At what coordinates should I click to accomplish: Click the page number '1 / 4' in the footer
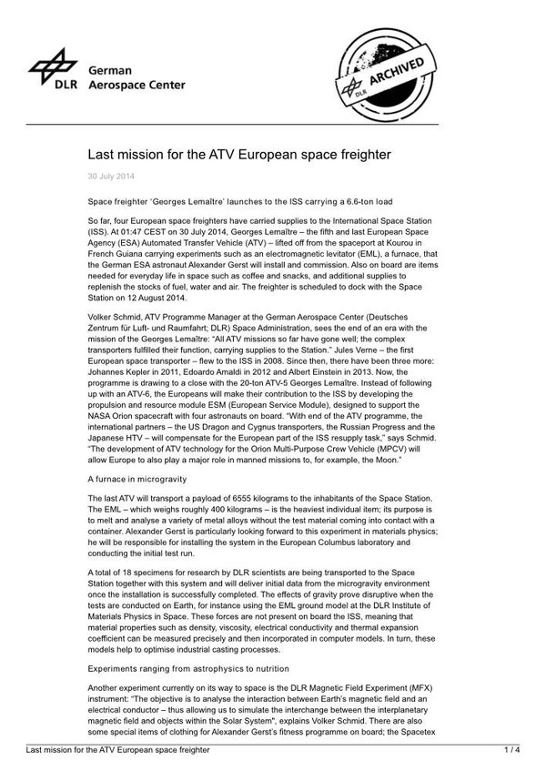click(x=512, y=749)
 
